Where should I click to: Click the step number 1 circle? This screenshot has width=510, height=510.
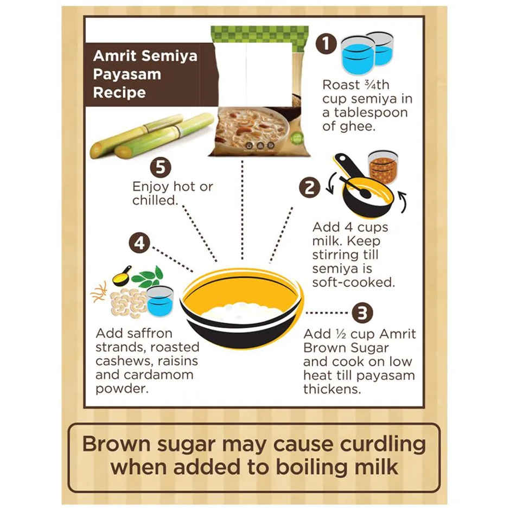(326, 44)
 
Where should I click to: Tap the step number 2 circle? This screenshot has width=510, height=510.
(309, 188)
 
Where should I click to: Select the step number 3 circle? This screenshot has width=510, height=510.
(362, 313)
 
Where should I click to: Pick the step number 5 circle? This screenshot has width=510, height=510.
(160, 167)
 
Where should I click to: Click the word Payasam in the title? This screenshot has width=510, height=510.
(127, 74)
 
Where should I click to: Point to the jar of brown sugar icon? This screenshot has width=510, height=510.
(383, 166)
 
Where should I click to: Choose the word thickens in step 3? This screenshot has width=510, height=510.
(330, 389)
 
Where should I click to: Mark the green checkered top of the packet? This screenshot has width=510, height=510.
(260, 36)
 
